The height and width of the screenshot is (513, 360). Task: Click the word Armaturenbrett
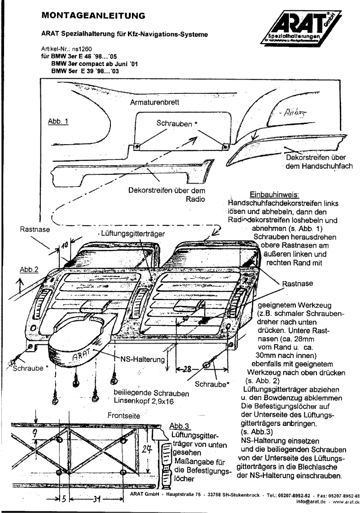[154, 102]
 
